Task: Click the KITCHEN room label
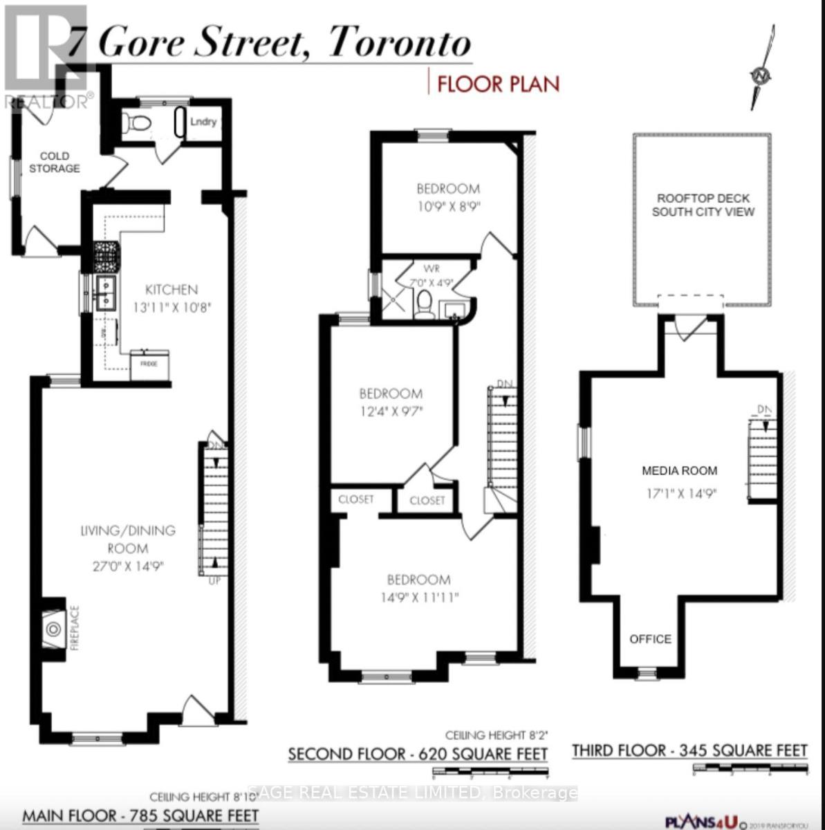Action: click(171, 290)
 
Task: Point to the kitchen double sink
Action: click(106, 292)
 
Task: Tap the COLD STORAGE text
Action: click(55, 163)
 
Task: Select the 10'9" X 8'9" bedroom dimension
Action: click(447, 206)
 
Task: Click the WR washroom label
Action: click(434, 268)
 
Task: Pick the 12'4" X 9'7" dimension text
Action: click(390, 412)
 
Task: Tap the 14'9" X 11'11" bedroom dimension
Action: click(418, 597)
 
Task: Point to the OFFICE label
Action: click(650, 639)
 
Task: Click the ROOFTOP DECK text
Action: click(703, 198)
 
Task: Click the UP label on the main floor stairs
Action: click(214, 580)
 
